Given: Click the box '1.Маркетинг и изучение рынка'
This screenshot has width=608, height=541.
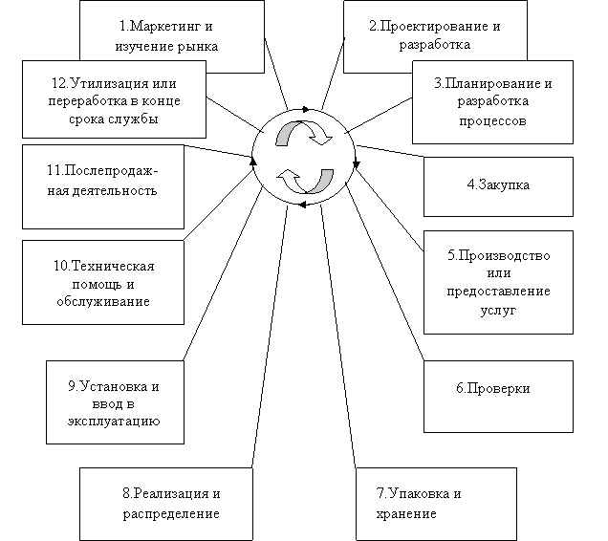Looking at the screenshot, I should click(172, 35).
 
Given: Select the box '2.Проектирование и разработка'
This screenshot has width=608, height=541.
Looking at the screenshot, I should click(421, 35).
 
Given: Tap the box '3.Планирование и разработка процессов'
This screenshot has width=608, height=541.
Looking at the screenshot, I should click(491, 101).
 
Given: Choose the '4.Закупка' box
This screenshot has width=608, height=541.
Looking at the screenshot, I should click(498, 185).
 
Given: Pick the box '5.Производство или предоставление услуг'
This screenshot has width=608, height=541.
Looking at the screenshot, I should click(498, 282).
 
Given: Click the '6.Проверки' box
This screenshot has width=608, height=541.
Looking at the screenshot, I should click(492, 389).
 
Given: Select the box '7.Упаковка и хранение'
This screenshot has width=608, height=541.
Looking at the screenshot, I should click(435, 504).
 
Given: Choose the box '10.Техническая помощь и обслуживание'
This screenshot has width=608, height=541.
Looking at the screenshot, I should click(103, 283).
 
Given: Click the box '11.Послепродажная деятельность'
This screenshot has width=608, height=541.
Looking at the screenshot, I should click(103, 181).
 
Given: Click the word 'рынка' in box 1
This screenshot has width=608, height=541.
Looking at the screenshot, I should click(197, 45).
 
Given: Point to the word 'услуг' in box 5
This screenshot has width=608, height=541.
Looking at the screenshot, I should click(498, 311).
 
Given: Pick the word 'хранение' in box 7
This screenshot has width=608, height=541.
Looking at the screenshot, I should click(406, 513).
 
